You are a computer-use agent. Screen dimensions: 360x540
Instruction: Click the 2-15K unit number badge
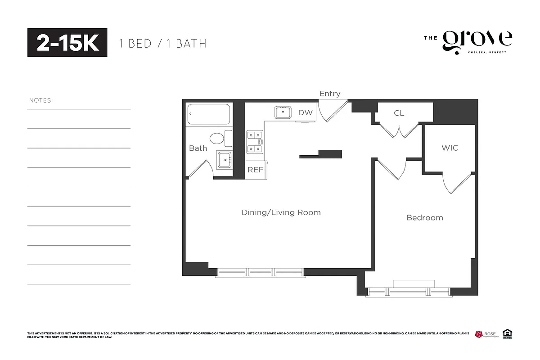tap(67, 43)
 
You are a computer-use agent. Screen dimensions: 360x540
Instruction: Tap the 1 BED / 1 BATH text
tap(162, 44)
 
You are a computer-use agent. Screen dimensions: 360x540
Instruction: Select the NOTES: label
tap(41, 100)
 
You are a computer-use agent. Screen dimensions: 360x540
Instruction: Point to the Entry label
tap(330, 94)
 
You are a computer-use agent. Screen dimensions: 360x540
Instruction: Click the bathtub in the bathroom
tap(209, 114)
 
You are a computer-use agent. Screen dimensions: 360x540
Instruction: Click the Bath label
tap(198, 148)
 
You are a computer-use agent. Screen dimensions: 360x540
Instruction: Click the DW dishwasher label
tap(305, 112)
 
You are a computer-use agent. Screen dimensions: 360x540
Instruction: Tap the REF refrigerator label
tap(255, 170)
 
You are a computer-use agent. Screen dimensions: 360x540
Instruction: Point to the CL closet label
tap(399, 113)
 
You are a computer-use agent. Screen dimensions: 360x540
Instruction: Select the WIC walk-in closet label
tap(450, 148)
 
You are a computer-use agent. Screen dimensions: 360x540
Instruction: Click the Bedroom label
tap(424, 218)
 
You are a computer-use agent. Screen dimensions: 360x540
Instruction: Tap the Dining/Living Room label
tap(281, 212)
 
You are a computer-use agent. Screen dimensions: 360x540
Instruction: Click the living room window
tap(260, 272)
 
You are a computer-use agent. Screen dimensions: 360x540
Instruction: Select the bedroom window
tap(409, 292)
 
